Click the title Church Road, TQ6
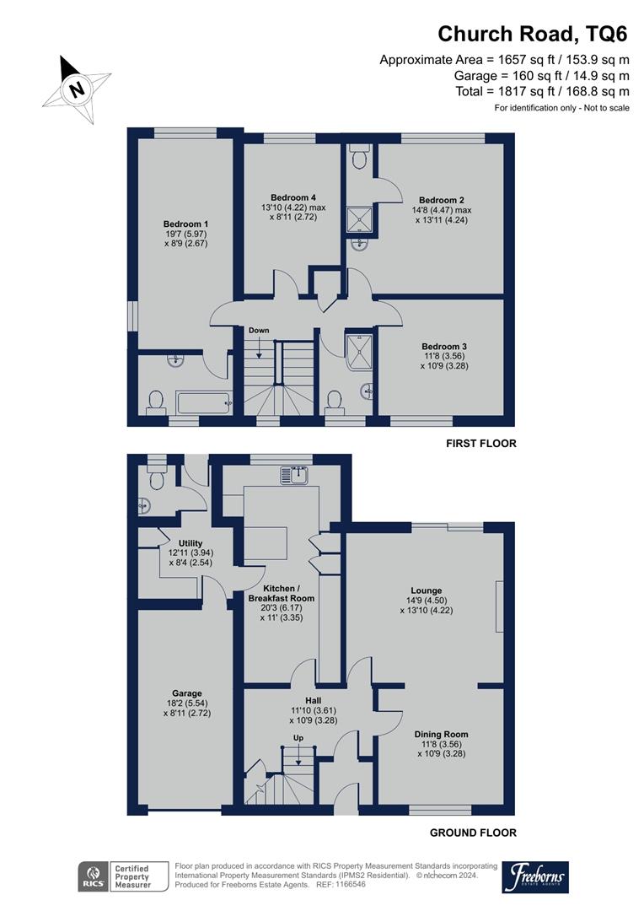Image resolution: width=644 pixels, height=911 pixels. coord(533,34)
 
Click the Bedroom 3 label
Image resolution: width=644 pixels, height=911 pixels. coord(443,346)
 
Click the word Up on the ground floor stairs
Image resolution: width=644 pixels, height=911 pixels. coord(298,738)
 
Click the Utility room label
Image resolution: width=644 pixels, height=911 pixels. coord(191,543)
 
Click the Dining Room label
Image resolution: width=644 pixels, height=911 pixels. coord(442,734)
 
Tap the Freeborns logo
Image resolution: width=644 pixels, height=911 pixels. coord(535,877)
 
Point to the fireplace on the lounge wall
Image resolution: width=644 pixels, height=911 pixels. coord(500,606)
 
